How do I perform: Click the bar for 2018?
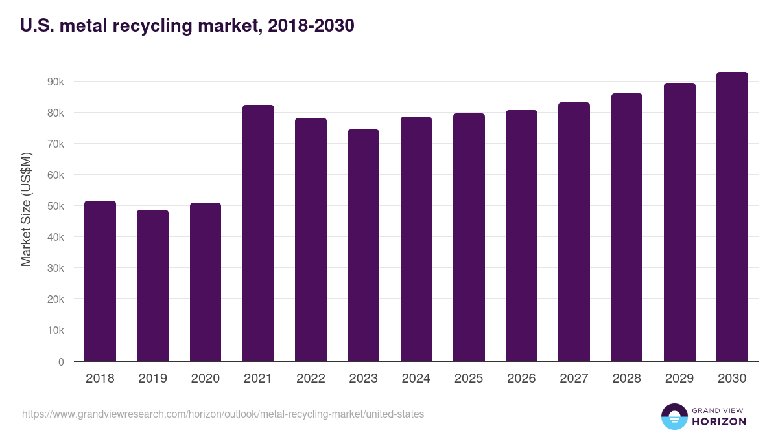tap(100, 281)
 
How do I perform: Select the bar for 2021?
tap(258, 233)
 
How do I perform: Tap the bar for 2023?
tap(363, 245)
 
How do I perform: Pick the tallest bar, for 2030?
tap(732, 217)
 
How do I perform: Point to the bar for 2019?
tap(152, 286)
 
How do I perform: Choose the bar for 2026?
tap(521, 236)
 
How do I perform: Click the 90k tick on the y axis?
tap(54, 82)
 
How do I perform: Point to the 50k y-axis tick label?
tap(54, 207)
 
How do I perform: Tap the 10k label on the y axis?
tap(54, 331)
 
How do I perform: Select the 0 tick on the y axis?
tap(61, 362)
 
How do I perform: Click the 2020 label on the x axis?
tap(205, 379)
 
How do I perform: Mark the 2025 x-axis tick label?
tap(469, 379)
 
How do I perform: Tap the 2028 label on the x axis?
tap(626, 379)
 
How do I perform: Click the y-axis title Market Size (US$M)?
tap(26, 209)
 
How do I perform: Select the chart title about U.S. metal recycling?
tap(187, 26)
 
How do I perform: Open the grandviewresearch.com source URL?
tap(223, 414)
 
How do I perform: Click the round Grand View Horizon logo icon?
tap(674, 417)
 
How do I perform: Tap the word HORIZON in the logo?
tap(719, 421)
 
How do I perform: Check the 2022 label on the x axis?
tap(311, 379)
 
